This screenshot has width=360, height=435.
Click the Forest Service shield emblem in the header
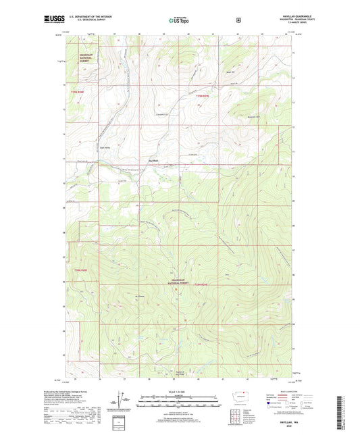pyautogui.click(x=238, y=20)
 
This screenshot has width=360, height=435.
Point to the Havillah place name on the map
pyautogui.click(x=154, y=160)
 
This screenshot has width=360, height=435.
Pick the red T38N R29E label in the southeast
pyautogui.click(x=203, y=287)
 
